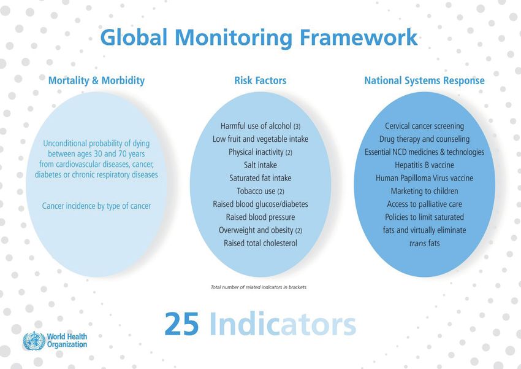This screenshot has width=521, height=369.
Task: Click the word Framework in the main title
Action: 359,37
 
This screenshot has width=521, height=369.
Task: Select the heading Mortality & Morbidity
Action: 96,80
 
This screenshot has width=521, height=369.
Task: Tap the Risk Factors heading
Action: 260,80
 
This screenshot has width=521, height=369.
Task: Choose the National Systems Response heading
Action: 424,80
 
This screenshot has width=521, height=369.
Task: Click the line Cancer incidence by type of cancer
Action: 96,206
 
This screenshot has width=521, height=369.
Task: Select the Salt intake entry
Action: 260,165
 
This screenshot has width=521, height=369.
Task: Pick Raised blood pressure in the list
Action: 260,217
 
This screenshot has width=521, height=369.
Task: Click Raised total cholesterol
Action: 260,243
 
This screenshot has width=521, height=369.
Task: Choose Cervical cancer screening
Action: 424,126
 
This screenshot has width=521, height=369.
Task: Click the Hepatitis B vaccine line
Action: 424,165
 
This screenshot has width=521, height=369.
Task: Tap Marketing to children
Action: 424,192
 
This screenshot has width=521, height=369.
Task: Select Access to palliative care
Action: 424,204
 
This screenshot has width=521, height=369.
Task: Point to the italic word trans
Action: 417,244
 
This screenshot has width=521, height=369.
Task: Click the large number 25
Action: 182,324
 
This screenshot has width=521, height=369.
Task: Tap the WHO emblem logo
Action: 34,341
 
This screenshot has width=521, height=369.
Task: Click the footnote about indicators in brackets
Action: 259,287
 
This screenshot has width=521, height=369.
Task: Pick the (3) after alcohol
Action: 297,126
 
